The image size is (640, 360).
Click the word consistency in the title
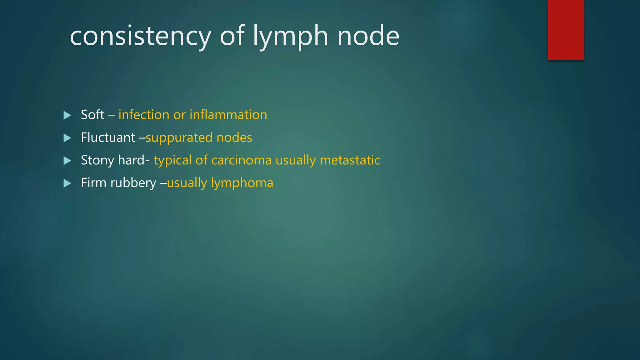click(140, 36)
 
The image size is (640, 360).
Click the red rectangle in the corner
click(566, 30)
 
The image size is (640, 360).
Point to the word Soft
click(92, 115)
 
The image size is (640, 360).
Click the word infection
click(144, 115)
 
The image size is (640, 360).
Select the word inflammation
click(228, 115)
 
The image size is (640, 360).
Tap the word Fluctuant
click(108, 137)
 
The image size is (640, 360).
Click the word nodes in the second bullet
click(234, 137)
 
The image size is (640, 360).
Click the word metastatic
click(350, 160)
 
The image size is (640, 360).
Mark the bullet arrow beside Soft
click(67, 115)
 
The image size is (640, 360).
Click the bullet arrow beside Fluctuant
click(67, 138)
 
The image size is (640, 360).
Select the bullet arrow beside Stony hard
click(67, 161)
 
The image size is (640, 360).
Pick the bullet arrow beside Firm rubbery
click(67, 183)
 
